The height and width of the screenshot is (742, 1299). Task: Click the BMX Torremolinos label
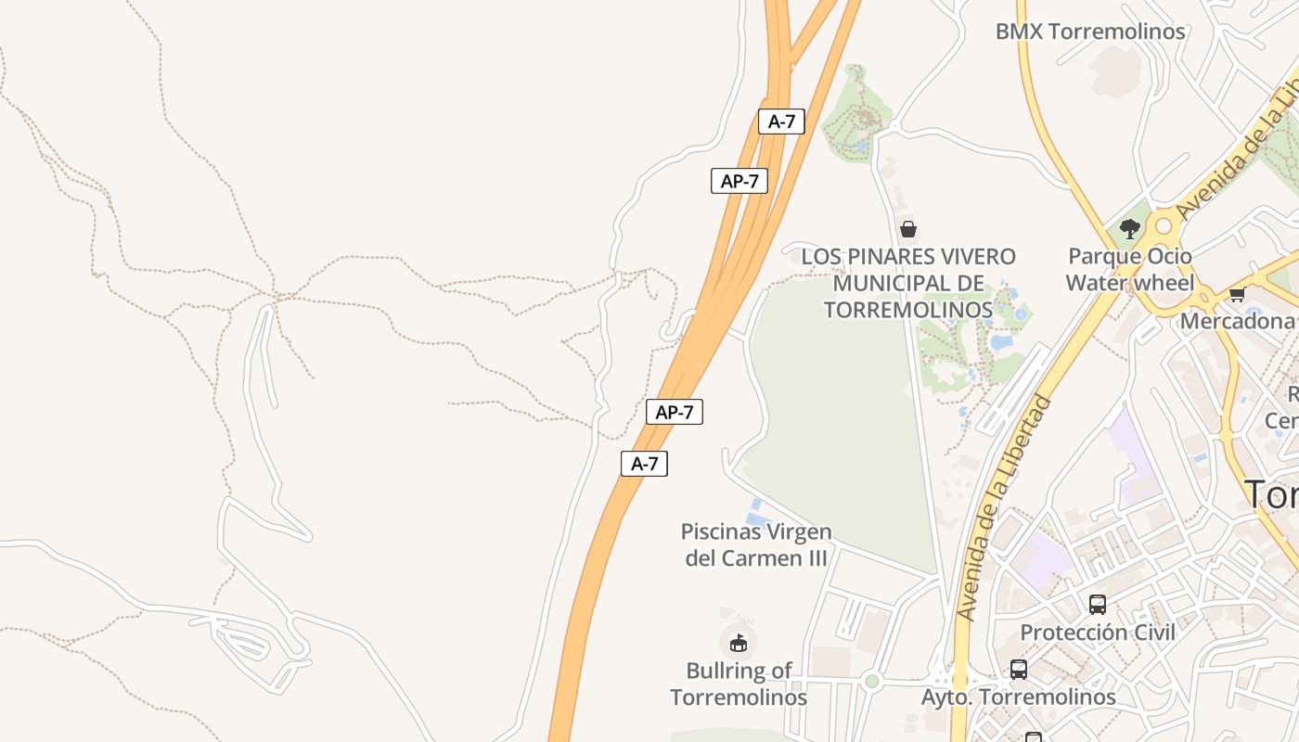tap(1090, 32)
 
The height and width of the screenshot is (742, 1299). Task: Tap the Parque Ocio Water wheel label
tap(1129, 269)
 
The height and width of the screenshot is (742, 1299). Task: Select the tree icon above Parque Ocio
tap(1129, 228)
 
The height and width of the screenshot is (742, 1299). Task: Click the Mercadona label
tap(1237, 321)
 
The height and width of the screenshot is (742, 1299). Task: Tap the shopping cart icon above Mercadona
tap(1237, 295)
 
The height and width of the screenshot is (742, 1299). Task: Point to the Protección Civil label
tap(1098, 633)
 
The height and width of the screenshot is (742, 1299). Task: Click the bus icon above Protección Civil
tap(1098, 605)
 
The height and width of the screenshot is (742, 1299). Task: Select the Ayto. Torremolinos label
tap(1018, 697)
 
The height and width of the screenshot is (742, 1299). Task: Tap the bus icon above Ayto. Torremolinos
tap(1018, 669)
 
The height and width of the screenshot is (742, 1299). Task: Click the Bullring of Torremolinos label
tap(739, 684)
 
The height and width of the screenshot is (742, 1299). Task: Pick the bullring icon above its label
tap(739, 642)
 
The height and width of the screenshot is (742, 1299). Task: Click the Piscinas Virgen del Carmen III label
tap(756, 544)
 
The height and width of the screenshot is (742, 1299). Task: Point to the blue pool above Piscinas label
tap(756, 513)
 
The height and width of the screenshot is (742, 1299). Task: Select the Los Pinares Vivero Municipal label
tap(908, 283)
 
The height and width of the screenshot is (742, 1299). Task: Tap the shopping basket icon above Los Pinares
tap(908, 228)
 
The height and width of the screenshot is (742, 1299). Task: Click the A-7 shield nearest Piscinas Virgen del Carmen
tap(644, 464)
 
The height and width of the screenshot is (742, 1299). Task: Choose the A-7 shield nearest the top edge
tap(781, 122)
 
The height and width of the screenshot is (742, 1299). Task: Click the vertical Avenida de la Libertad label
tap(1006, 508)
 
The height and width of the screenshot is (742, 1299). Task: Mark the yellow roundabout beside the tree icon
tap(1164, 226)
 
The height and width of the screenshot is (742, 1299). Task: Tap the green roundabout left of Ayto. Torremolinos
tap(871, 682)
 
